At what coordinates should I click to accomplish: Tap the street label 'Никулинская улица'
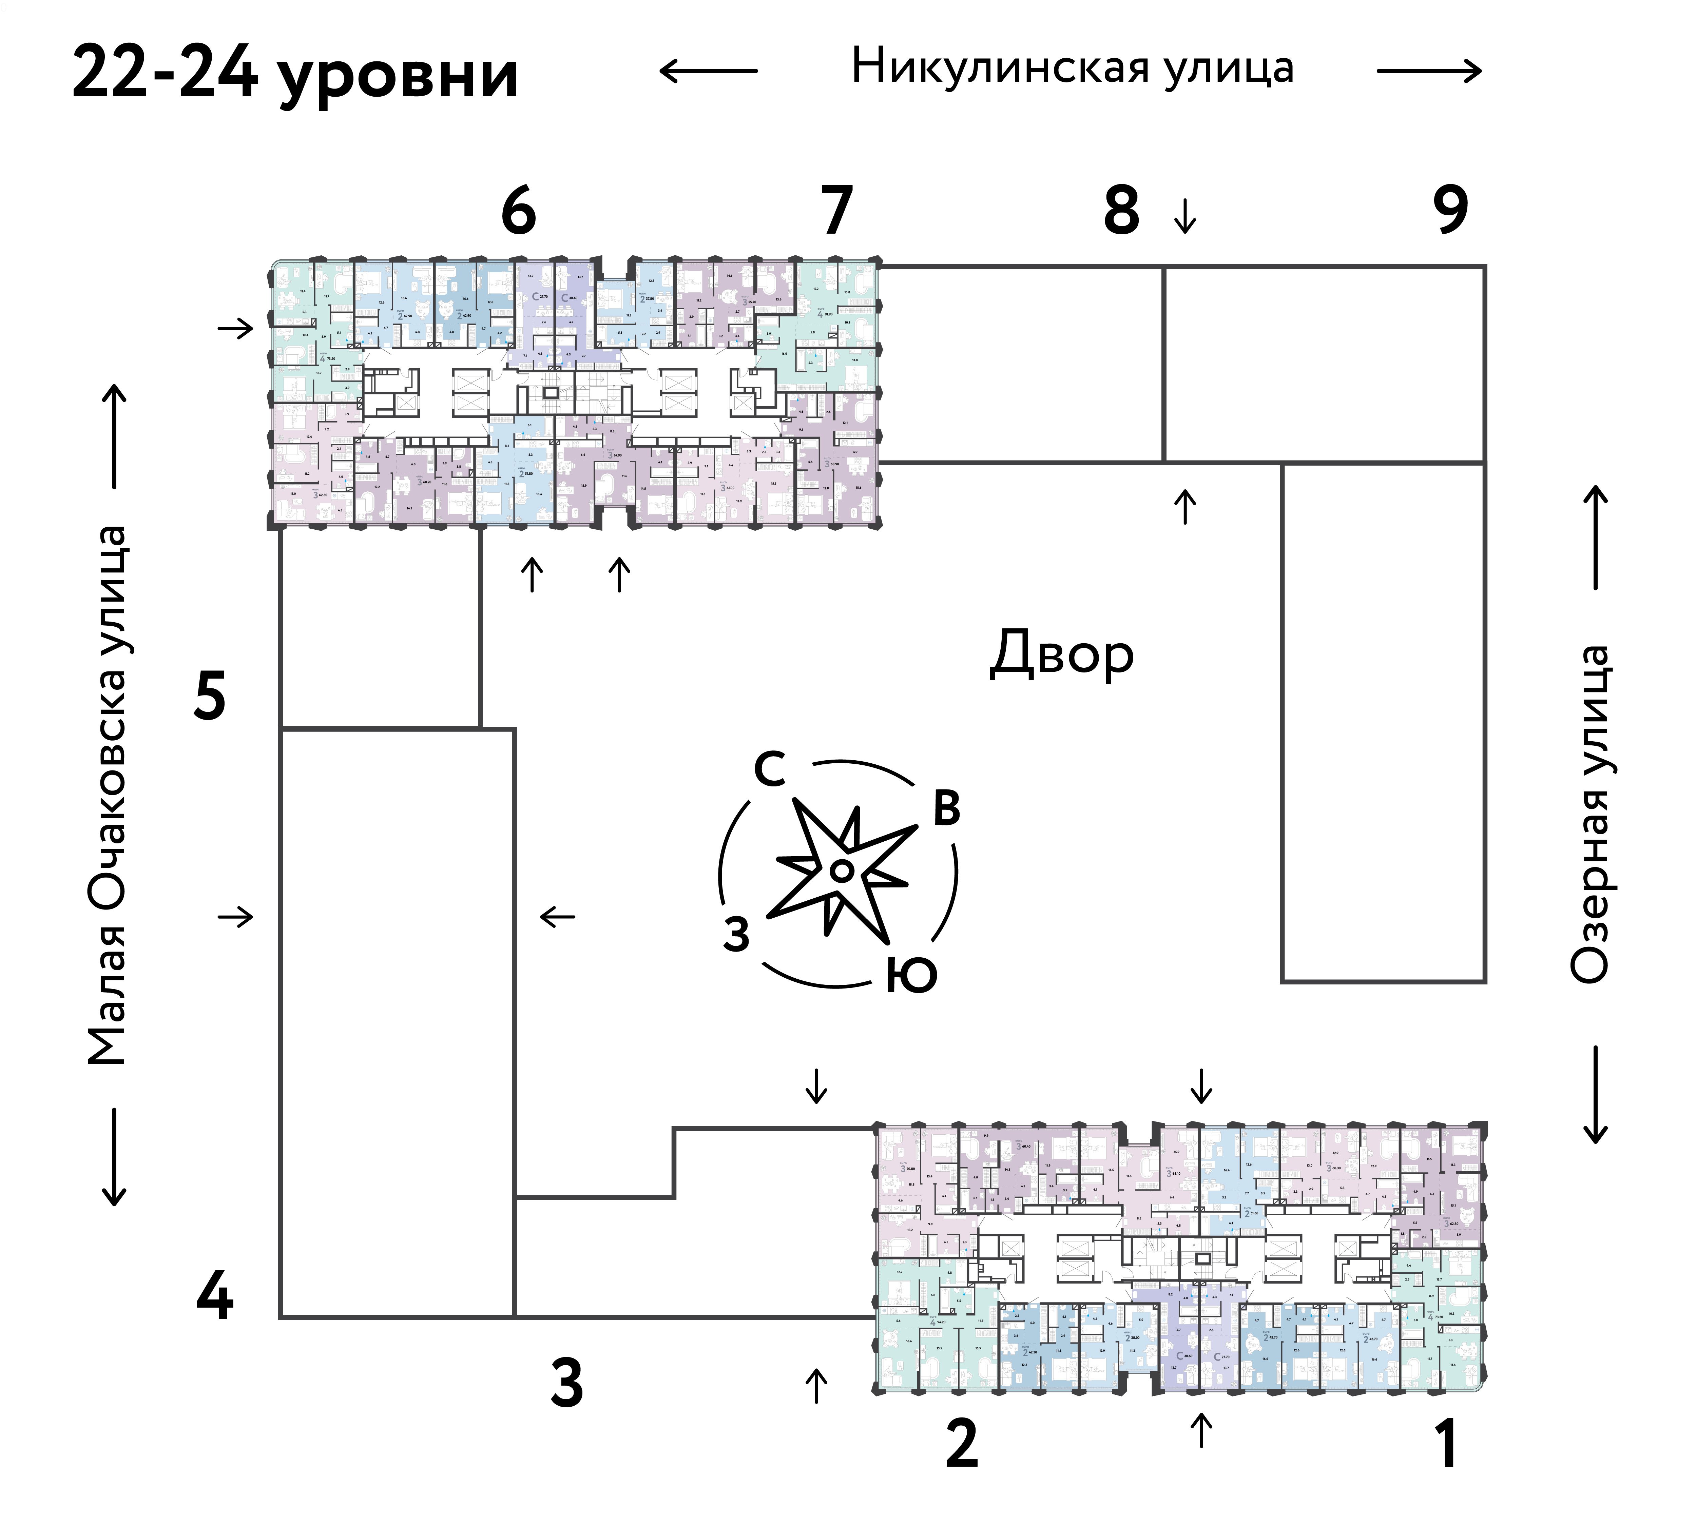pos(1072,67)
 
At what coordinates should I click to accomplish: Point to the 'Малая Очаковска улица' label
pos(108,795)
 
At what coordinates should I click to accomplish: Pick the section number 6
pos(518,211)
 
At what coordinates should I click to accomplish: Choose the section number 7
pos(836,211)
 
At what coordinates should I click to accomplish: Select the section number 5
pos(210,696)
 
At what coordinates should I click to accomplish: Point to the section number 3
pos(567,1384)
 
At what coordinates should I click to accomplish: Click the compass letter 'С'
pos(770,769)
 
